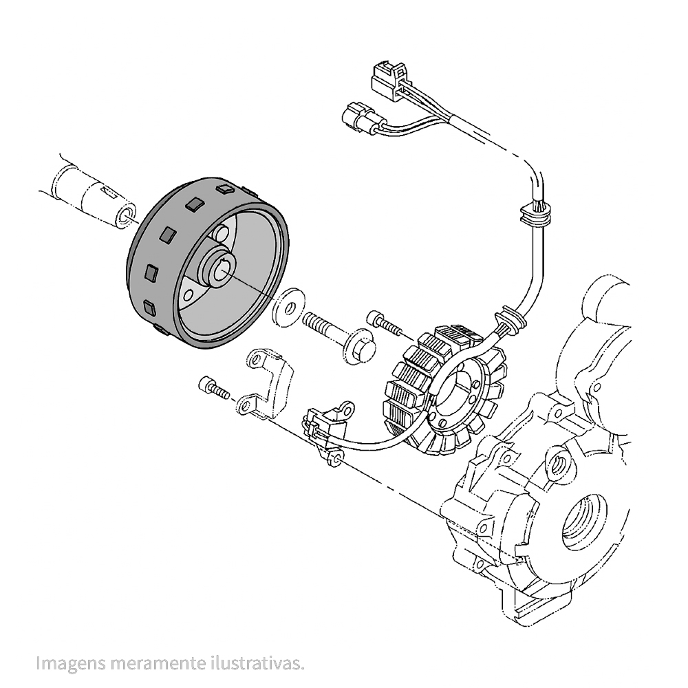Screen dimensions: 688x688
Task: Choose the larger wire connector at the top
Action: point(389,77)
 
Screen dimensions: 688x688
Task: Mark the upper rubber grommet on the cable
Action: point(535,215)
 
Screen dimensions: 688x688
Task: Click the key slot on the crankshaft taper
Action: point(109,192)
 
